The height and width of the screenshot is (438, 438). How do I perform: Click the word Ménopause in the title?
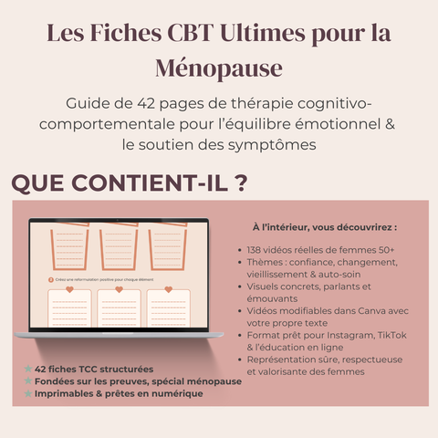point(219,68)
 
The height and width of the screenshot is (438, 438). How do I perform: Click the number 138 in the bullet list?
point(255,248)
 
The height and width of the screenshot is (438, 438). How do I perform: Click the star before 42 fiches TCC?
point(29,369)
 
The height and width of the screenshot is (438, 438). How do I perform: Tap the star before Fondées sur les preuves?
point(29,381)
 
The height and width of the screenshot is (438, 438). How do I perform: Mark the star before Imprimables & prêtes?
point(29,394)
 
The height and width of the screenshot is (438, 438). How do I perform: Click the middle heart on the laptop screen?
point(119,290)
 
